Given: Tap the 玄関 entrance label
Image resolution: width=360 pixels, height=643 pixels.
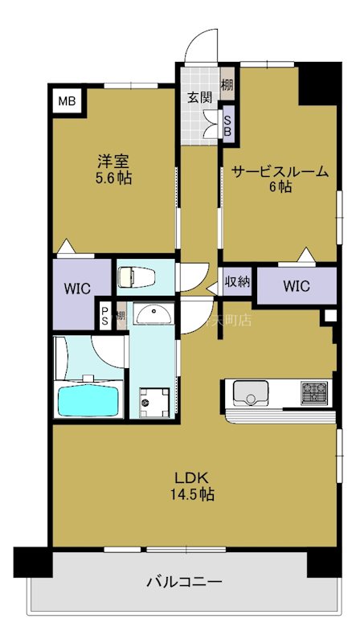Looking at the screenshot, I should pyautogui.click(x=199, y=98).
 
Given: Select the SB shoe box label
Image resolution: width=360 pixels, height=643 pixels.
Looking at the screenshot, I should pyautogui.click(x=227, y=125).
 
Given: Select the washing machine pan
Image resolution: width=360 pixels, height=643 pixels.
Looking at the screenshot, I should pyautogui.click(x=153, y=400).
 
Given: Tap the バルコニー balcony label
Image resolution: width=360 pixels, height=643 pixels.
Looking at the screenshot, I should pyautogui.click(x=184, y=581).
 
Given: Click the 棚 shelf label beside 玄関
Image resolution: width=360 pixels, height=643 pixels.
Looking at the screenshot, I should pyautogui.click(x=227, y=84).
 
